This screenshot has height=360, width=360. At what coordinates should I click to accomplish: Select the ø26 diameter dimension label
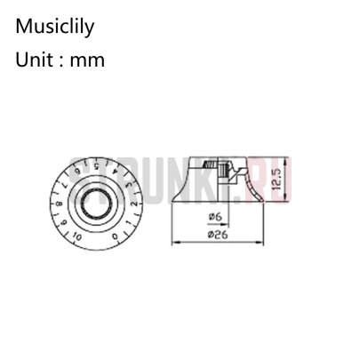click(213, 235)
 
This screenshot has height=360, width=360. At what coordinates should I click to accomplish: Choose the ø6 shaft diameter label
click(213, 215)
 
